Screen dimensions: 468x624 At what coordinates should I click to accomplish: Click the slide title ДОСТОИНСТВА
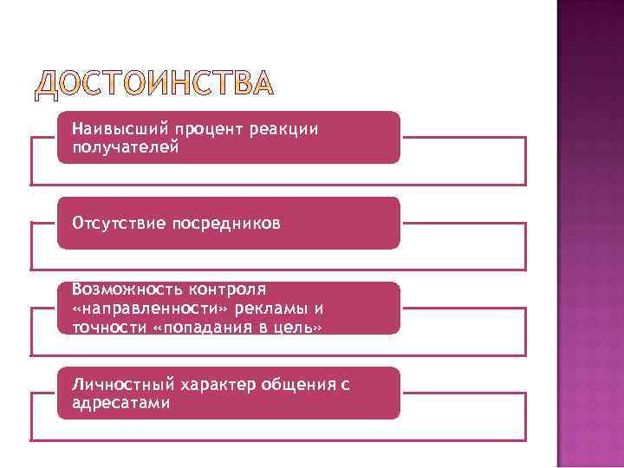[x=154, y=84]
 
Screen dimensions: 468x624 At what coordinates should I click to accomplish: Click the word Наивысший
[x=111, y=129]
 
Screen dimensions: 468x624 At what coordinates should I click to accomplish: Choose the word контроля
[x=222, y=289]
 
